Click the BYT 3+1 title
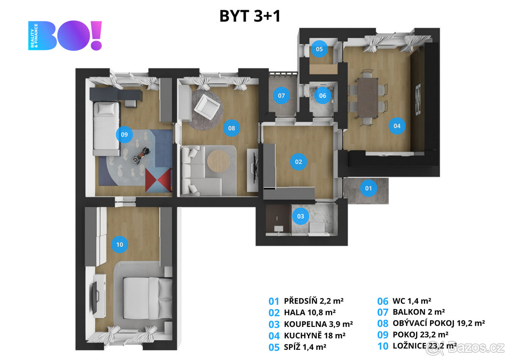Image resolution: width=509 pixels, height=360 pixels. pyautogui.click(x=250, y=16)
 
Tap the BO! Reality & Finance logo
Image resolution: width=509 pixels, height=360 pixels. pyautogui.click(x=65, y=36)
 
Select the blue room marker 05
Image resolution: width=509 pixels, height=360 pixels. pyautogui.click(x=319, y=49)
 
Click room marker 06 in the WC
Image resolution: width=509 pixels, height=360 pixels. pyautogui.click(x=323, y=96)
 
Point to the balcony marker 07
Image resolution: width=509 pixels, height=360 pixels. pyautogui.click(x=282, y=96)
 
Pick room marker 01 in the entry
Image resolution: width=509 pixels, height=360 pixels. pyautogui.click(x=369, y=188)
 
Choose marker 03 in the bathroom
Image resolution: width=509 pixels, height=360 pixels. pyautogui.click(x=301, y=217)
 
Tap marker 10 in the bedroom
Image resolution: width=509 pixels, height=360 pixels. pyautogui.click(x=120, y=244)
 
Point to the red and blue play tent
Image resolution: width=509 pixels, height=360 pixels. pyautogui.click(x=158, y=180)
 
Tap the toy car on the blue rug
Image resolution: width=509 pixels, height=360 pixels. pyautogui.click(x=141, y=155)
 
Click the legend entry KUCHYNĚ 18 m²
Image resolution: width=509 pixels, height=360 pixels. pyautogui.click(x=314, y=335)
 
